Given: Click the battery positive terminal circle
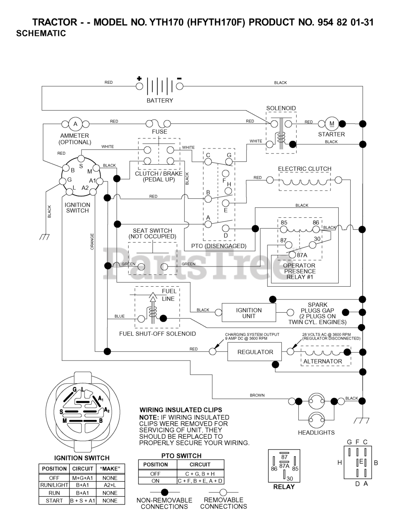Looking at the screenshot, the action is pos(139,86).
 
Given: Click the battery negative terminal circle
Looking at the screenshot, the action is pos(180,86).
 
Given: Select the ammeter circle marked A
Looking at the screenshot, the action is pos(75,124).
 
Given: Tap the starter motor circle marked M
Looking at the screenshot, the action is pos(332,124).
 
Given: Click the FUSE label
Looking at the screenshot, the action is pos(159,132).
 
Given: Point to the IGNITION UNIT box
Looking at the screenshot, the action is pos(249,313).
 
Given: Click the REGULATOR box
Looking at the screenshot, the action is pos(255,351).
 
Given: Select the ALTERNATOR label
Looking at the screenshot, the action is pos(323,361).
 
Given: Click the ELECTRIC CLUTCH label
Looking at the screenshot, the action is pos(304,169).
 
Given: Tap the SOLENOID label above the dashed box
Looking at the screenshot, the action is pos(281,108).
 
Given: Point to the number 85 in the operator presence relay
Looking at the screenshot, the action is pos(284,223).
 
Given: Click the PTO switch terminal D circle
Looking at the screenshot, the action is pos(226,228).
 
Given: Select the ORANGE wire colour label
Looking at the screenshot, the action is pos(92,242).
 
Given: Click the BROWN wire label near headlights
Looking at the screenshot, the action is pos(257,395).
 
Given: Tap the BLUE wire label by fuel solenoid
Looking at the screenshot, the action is pos(119,316).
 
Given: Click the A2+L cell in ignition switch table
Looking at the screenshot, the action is pos(110,485).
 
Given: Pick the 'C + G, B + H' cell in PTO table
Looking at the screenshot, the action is pos(200,474).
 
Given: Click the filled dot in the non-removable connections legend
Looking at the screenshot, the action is pos(165,492).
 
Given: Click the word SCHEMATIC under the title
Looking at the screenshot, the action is pos(41,33).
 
